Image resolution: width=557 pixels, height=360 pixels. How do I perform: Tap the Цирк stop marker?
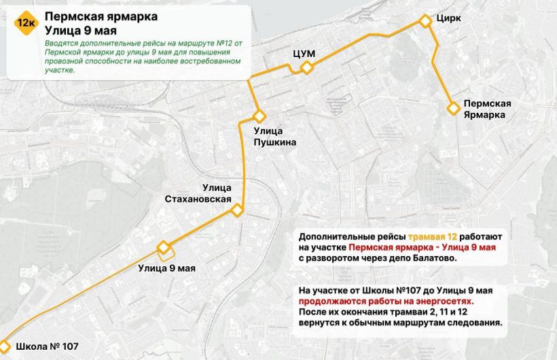pyautogui.click(x=425, y=22)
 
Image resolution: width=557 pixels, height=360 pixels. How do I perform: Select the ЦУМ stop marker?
pyautogui.click(x=307, y=67)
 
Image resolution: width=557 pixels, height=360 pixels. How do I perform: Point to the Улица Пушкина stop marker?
pyautogui.click(x=258, y=116)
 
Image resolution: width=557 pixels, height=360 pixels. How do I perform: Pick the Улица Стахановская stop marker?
pyautogui.click(x=237, y=210)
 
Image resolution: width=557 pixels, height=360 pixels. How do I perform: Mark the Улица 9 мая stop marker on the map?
pyautogui.click(x=163, y=247)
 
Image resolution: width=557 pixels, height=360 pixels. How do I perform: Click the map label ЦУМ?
pyautogui.click(x=304, y=52)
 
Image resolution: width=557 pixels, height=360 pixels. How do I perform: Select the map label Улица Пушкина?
pyautogui.click(x=275, y=137)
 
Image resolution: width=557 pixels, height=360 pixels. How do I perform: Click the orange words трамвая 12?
pyautogui.click(x=433, y=236)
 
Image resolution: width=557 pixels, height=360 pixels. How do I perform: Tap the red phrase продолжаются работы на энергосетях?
pyautogui.click(x=385, y=301)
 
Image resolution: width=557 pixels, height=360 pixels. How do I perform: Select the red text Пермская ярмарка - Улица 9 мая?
pyautogui.click(x=423, y=247)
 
